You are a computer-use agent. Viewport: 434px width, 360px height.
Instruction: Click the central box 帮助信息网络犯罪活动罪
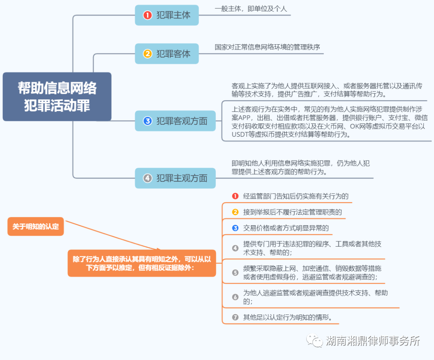pyautogui.click(x=57, y=97)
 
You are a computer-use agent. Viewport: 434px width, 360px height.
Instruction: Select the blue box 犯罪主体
pyautogui.click(x=167, y=15)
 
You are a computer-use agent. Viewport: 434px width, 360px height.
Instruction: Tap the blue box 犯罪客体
pyautogui.click(x=167, y=53)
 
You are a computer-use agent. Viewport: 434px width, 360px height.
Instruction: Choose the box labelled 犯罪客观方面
pyautogui.click(x=175, y=121)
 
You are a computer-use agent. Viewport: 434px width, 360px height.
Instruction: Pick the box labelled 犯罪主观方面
pyautogui.click(x=175, y=178)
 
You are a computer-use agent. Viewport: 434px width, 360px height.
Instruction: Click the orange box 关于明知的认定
pyautogui.click(x=36, y=226)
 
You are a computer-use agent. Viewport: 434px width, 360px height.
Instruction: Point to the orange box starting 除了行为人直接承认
pyautogui.click(x=142, y=263)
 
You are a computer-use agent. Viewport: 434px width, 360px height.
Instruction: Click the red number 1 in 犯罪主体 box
pyautogui.click(x=147, y=15)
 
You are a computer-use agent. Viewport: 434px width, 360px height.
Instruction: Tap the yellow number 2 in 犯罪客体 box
pyautogui.click(x=147, y=53)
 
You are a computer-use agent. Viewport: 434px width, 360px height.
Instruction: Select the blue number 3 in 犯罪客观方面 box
pyautogui.click(x=147, y=121)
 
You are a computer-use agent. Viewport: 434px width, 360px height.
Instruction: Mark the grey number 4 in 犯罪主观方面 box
pyautogui.click(x=147, y=178)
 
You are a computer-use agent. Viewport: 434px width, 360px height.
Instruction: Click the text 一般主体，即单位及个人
pyautogui.click(x=251, y=9)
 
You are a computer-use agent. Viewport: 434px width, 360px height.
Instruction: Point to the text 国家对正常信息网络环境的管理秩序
pyautogui.click(x=267, y=47)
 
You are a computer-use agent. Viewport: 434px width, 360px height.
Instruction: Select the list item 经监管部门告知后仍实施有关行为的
pyautogui.click(x=296, y=196)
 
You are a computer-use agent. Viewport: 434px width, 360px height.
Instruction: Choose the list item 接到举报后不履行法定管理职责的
pyautogui.click(x=293, y=212)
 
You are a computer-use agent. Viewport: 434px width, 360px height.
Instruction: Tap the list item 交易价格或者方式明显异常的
pyautogui.click(x=286, y=228)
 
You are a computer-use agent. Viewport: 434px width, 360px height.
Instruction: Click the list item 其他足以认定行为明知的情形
pyautogui.click(x=288, y=317)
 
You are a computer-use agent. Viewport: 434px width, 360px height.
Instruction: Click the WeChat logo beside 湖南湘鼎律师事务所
pyautogui.click(x=314, y=340)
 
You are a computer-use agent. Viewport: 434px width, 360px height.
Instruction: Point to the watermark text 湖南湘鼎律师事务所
pyautogui.click(x=373, y=341)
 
